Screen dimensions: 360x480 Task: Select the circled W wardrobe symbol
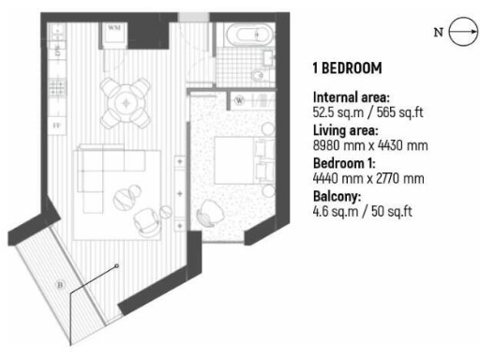pyautogui.click(x=239, y=98)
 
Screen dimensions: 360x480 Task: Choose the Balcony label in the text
pyautogui.click(x=337, y=197)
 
